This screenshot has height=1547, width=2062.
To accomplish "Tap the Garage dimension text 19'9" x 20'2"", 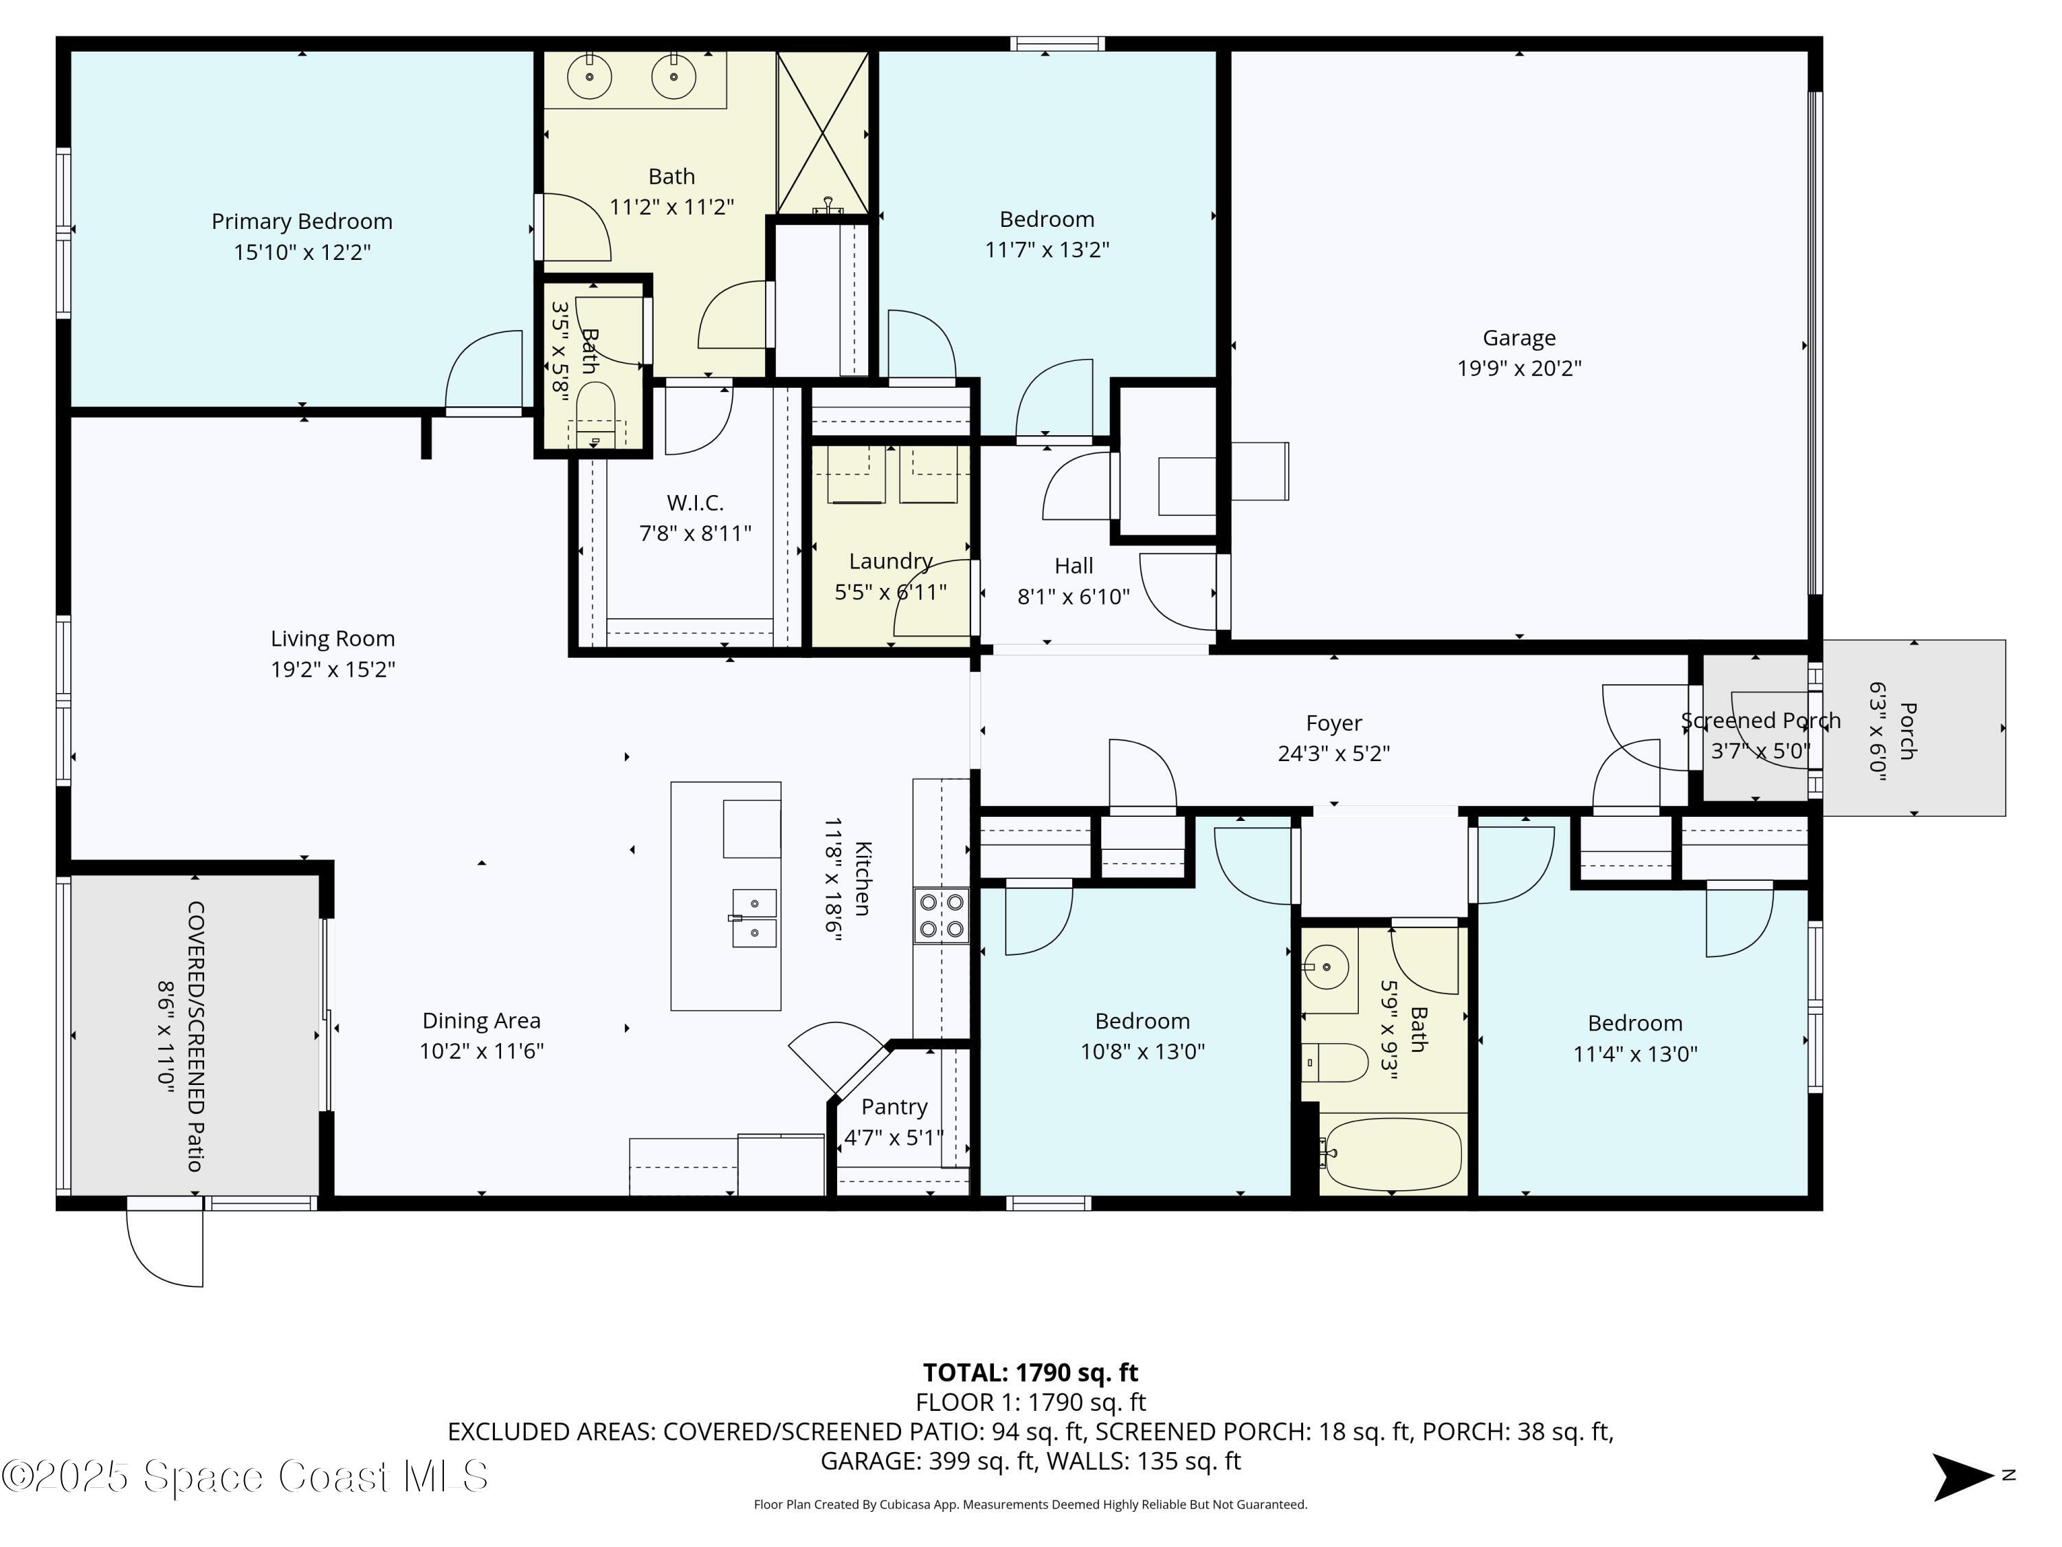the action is pos(1520,369).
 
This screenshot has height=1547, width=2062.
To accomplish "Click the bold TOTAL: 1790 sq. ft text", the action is pos(1030,1372).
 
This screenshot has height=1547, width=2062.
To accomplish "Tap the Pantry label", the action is pos(894,1107).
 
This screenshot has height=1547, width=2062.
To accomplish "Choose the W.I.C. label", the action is pos(694,503).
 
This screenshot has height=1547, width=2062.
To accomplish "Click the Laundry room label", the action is pos(890,561).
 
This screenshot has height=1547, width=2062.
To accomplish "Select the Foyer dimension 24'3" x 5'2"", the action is pos(1334,754).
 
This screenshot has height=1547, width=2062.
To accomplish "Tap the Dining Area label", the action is pos(481,1021).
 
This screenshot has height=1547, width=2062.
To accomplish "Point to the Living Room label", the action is pos(333,639).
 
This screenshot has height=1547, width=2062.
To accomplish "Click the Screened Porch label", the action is pos(1760,721).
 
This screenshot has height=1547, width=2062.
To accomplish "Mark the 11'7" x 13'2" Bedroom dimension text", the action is pos(1047,250).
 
